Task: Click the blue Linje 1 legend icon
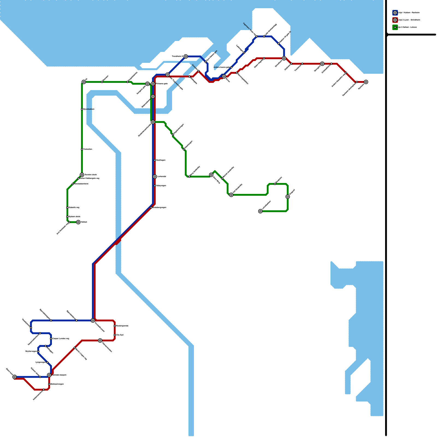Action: point(395,13)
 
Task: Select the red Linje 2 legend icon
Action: point(395,20)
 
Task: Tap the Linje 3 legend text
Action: point(407,27)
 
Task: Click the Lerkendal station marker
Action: point(155,177)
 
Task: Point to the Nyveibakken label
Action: point(89,109)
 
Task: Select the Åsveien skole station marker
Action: point(82,175)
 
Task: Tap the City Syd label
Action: point(120,335)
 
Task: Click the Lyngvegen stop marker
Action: point(47,362)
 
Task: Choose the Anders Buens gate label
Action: point(221,67)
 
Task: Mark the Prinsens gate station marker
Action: point(153,84)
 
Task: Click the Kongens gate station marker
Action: point(147,84)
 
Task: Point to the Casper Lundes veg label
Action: point(61,339)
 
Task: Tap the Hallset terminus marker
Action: point(78,222)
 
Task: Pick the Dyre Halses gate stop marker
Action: point(206,62)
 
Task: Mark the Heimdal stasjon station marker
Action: point(49,375)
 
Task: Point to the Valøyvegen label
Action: point(161,186)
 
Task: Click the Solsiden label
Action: point(194,66)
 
